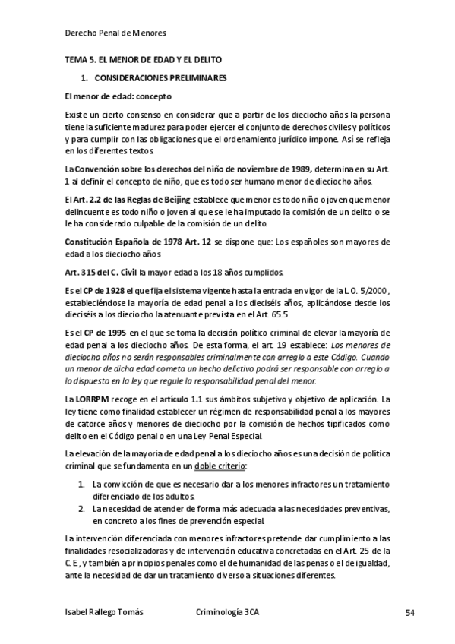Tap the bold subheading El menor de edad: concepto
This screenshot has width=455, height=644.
point(118,96)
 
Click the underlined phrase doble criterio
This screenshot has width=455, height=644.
point(220,465)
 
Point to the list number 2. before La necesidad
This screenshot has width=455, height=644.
point(82,508)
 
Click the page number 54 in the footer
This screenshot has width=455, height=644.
point(387,613)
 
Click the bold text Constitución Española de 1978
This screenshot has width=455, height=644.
point(130,241)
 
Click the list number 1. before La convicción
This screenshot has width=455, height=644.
point(82,484)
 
